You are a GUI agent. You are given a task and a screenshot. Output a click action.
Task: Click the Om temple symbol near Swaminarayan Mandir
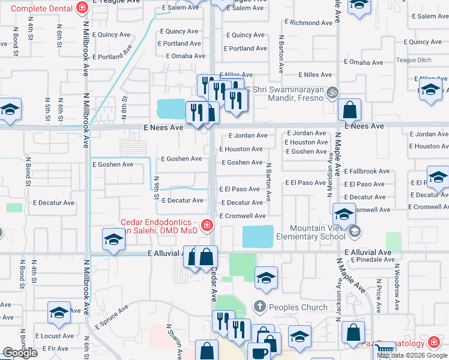point(333,93)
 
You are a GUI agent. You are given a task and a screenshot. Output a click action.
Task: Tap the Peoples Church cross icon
point(259,307)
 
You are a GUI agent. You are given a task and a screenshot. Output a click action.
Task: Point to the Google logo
point(20,353)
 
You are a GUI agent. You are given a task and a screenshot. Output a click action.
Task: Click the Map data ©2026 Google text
point(412,355)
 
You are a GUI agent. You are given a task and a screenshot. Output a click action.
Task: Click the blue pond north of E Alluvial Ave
point(258,236)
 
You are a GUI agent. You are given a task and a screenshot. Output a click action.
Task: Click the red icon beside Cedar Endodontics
point(206,226)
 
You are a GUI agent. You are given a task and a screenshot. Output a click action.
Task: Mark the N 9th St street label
point(156,187)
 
